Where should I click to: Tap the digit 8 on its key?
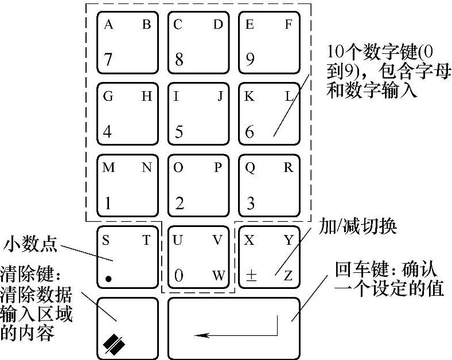click(179, 59)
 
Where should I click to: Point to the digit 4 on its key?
click(108, 131)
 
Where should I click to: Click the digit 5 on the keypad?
click(179, 132)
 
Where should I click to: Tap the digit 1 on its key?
click(107, 203)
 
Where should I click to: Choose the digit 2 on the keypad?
click(180, 203)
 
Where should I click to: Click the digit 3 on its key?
click(250, 203)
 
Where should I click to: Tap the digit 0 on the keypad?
click(179, 276)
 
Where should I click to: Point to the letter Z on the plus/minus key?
click(288, 276)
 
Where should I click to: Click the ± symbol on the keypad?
click(251, 276)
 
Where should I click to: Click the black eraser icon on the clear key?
click(114, 343)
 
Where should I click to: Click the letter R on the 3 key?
click(289, 168)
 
